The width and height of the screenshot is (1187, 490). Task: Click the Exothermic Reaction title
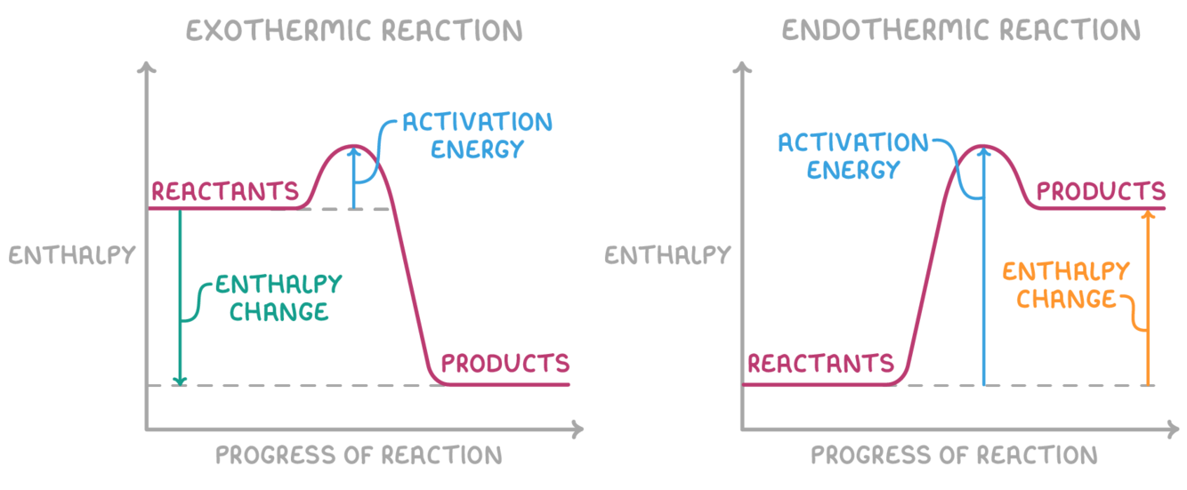[x=353, y=30]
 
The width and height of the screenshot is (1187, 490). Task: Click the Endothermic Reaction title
[x=960, y=30]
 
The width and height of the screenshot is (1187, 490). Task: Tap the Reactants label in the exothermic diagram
[x=225, y=191]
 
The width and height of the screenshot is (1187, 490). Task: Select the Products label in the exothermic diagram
[x=505, y=363]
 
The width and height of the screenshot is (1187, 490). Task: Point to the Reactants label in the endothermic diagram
[x=820, y=363]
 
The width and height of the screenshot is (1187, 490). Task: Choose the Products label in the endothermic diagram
[x=1101, y=191]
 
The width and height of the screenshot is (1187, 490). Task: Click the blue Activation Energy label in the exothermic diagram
[x=477, y=135]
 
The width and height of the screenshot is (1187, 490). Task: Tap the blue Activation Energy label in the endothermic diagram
[x=839, y=156]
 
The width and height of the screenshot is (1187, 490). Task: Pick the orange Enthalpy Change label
[x=1066, y=284]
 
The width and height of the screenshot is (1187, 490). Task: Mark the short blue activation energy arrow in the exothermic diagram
[x=354, y=179]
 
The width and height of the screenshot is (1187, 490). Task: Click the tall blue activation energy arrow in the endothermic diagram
[x=983, y=267]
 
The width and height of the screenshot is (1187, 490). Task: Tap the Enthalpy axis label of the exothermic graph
[x=73, y=255]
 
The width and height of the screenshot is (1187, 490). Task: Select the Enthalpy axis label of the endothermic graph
[x=667, y=255]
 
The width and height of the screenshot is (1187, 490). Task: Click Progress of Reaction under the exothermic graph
[x=359, y=455]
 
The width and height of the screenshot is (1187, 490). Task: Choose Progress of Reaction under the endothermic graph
[x=953, y=455]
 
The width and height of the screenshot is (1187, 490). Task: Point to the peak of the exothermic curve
[x=354, y=145]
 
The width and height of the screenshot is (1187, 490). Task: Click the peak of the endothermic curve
[x=983, y=145]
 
